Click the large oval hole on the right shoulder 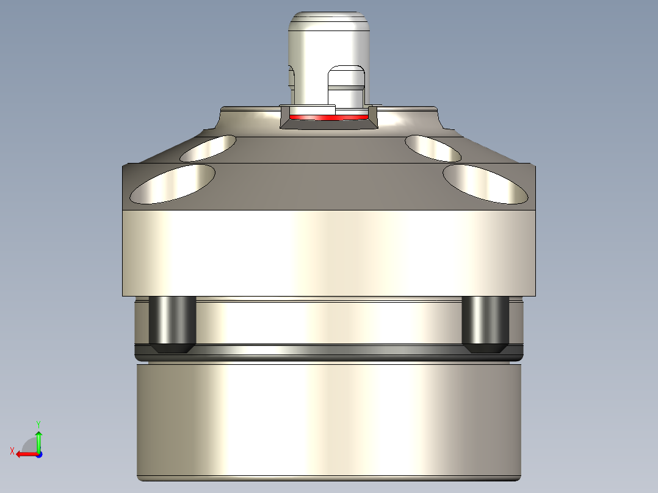tap(485, 183)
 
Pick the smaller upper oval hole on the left tap(209, 148)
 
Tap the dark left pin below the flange tap(173, 323)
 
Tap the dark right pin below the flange tap(486, 323)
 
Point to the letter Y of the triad tap(38, 423)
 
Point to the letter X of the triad tap(12, 451)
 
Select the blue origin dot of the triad tap(38, 454)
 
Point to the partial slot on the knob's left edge tap(291, 78)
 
